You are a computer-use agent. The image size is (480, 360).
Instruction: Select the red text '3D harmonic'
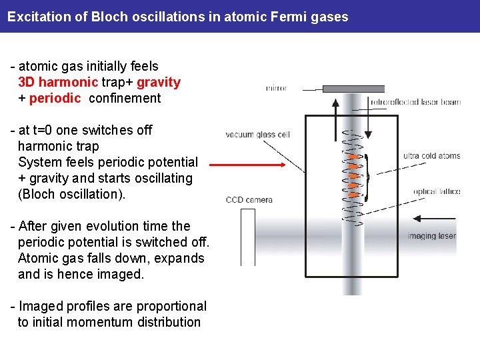[x=57, y=83]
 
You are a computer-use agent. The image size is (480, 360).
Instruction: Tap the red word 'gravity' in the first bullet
[x=159, y=83]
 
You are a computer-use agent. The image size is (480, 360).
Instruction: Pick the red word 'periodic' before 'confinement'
[x=55, y=99]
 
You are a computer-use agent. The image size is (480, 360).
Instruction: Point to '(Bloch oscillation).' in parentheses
[x=72, y=195]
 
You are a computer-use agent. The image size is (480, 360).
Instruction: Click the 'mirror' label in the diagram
[x=277, y=88]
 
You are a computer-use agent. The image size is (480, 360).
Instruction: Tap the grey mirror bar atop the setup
[x=353, y=89]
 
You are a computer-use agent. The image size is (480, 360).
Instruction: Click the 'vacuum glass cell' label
[x=258, y=135]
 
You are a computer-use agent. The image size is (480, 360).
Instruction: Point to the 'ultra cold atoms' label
[x=431, y=156]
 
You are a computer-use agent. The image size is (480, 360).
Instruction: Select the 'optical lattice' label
[x=437, y=192]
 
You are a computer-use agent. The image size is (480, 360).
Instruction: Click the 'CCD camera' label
[x=249, y=199]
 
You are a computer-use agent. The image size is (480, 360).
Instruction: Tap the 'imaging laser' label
[x=432, y=235]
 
